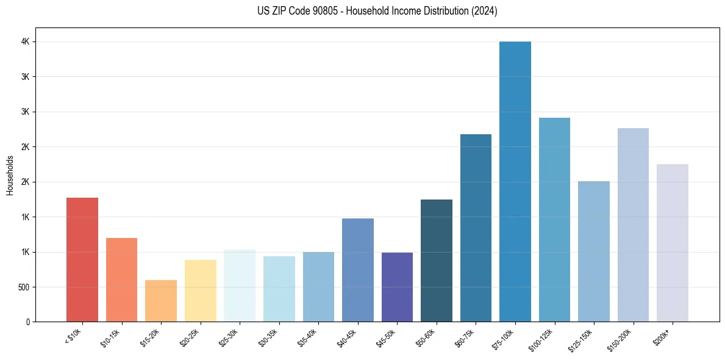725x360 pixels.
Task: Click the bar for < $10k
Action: pyautogui.click(x=82, y=260)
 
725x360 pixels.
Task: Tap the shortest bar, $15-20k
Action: pyautogui.click(x=161, y=301)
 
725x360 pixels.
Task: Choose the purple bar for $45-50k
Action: pyautogui.click(x=397, y=287)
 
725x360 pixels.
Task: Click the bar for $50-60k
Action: pyautogui.click(x=437, y=261)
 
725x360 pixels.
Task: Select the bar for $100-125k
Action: pyautogui.click(x=554, y=220)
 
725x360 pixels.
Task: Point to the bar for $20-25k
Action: pyautogui.click(x=201, y=290)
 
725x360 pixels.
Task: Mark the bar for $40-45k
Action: pyautogui.click(x=358, y=270)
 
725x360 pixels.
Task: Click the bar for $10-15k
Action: pyautogui.click(x=121, y=279)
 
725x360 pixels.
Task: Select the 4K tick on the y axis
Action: pyautogui.click(x=25, y=41)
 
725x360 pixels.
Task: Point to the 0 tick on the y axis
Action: pyautogui.click(x=28, y=322)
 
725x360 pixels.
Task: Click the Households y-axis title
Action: pyautogui.click(x=10, y=175)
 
